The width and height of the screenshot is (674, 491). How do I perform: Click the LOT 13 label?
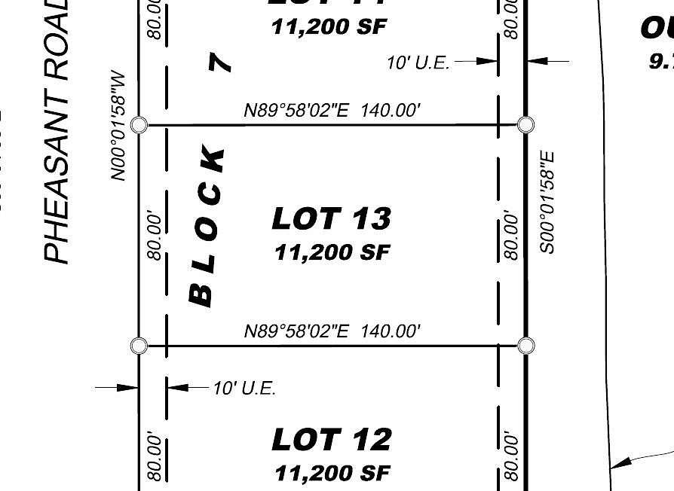tap(331, 218)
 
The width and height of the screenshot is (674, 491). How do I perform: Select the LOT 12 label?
tap(331, 439)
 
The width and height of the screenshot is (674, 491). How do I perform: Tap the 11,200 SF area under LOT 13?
tap(332, 252)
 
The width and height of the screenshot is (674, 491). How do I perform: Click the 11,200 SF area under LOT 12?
tap(332, 473)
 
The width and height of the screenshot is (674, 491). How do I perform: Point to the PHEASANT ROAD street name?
tap(57, 132)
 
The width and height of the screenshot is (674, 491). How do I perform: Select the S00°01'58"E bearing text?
tap(547, 202)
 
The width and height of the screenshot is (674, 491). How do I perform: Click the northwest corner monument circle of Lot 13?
tap(139, 124)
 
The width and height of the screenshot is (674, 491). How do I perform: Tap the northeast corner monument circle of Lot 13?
tap(526, 124)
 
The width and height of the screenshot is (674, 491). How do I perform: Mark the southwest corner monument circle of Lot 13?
tap(139, 346)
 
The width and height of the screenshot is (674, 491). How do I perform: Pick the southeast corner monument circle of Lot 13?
tap(526, 346)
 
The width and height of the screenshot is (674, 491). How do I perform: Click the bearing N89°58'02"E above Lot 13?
tap(332, 111)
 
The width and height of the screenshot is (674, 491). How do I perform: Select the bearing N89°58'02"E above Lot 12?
tap(332, 331)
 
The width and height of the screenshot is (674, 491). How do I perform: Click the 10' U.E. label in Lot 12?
tap(244, 389)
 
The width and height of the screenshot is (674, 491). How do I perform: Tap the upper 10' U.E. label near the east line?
tap(418, 63)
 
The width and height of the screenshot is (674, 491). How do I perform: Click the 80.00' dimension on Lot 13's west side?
tap(155, 236)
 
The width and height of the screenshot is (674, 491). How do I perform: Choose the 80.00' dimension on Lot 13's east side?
tap(511, 236)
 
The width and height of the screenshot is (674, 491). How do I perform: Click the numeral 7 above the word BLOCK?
tap(219, 61)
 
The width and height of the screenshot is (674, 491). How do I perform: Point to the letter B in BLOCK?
tap(201, 294)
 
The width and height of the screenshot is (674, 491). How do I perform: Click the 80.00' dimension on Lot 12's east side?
tap(511, 456)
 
